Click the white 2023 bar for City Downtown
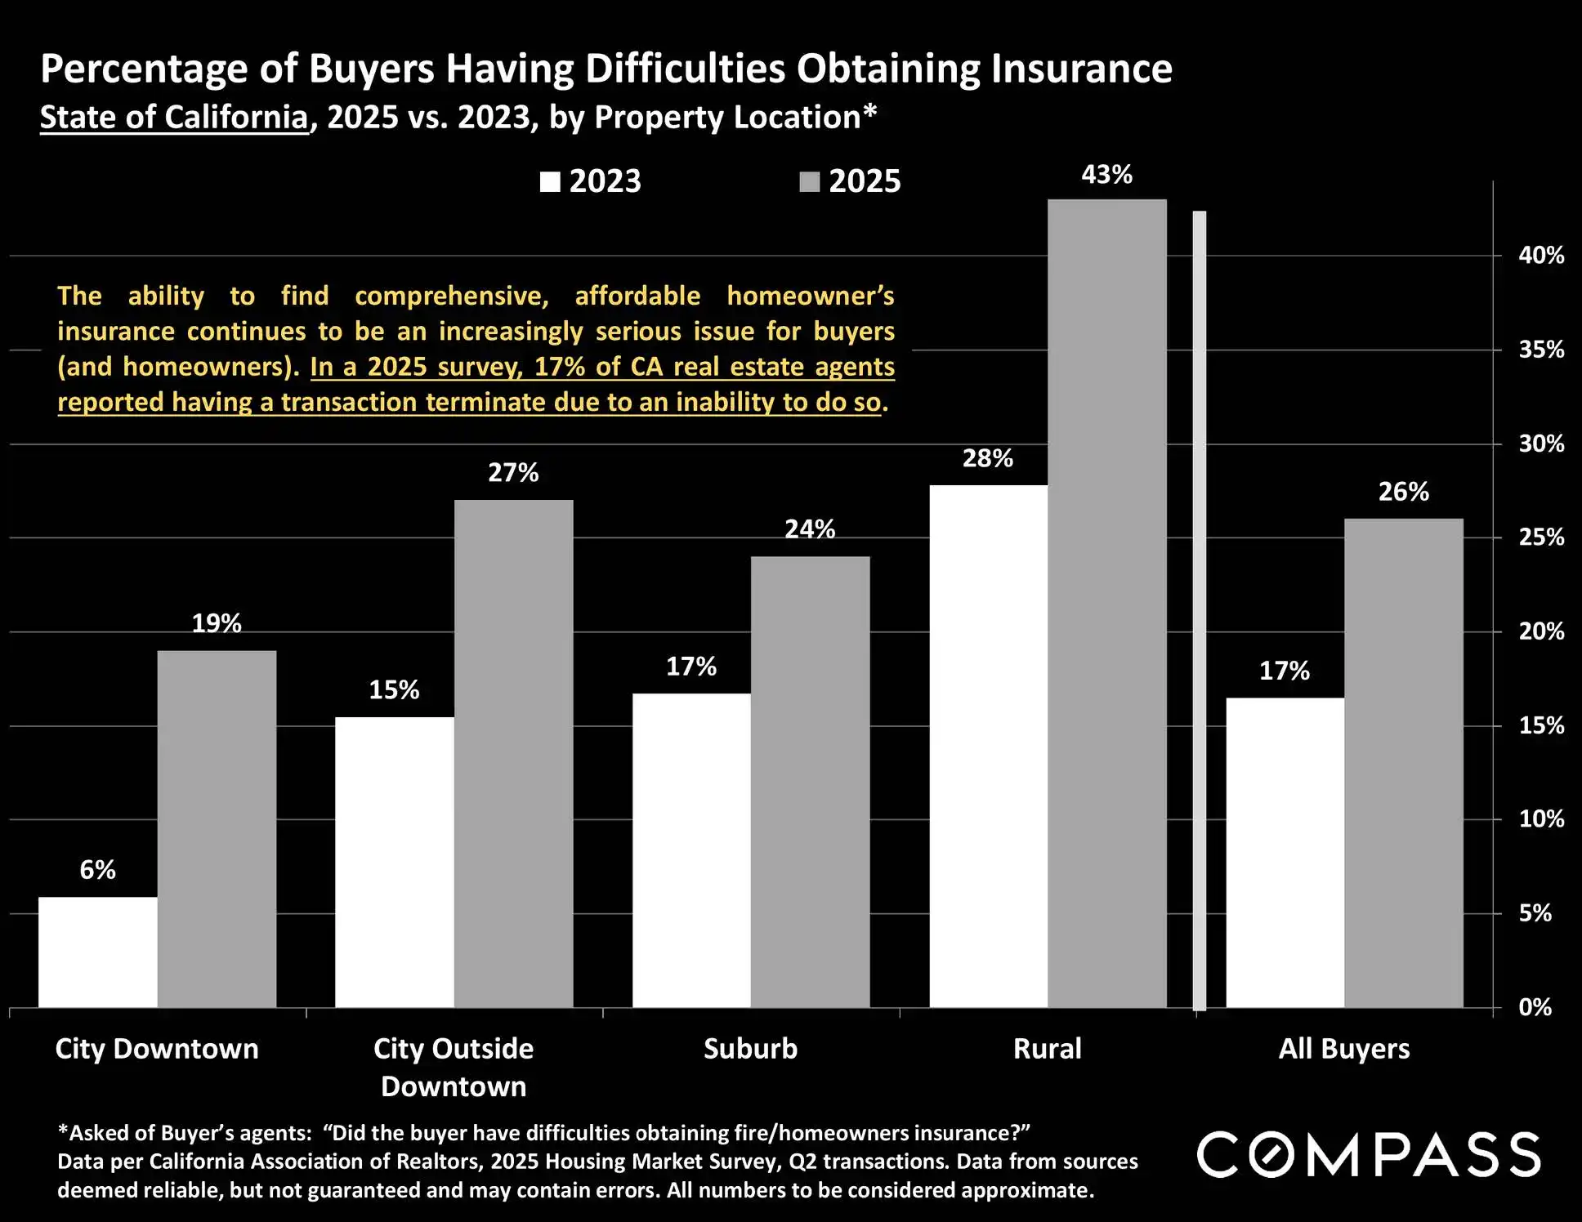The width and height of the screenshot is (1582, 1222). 98,952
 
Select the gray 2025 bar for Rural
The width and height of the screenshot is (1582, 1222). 1106,604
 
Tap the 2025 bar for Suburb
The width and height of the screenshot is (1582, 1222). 810,782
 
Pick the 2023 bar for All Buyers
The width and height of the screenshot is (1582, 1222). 1285,852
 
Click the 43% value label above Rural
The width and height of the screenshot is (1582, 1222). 1106,175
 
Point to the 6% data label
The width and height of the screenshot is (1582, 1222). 97,870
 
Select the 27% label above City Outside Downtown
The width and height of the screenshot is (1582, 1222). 513,473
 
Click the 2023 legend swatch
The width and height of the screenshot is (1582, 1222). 550,181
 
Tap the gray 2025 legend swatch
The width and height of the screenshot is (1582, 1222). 809,181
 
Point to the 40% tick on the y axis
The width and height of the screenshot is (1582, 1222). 1541,256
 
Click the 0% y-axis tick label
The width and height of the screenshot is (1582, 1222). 1535,1007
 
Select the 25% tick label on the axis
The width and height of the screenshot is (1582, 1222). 1541,537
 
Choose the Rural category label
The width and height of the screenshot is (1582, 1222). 1047,1049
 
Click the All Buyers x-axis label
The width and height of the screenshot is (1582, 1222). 1344,1049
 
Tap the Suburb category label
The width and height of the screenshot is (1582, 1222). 750,1049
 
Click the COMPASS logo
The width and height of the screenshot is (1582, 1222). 1369,1154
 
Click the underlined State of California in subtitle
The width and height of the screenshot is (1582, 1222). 174,118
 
